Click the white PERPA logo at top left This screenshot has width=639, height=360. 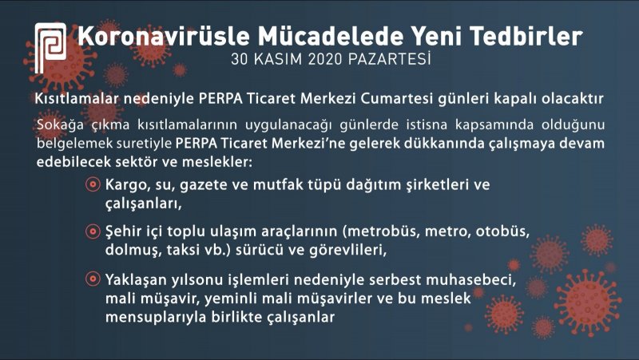coord(50,48)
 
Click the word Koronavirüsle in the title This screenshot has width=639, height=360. coord(164,35)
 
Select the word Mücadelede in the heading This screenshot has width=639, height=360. coord(331,35)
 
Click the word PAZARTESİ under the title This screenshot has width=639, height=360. coord(390,59)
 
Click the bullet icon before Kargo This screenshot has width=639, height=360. coord(93,184)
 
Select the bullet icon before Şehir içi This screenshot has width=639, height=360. coord(93,231)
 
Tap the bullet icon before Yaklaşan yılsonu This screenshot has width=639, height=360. coord(93,279)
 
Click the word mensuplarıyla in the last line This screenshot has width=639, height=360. coord(156,317)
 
